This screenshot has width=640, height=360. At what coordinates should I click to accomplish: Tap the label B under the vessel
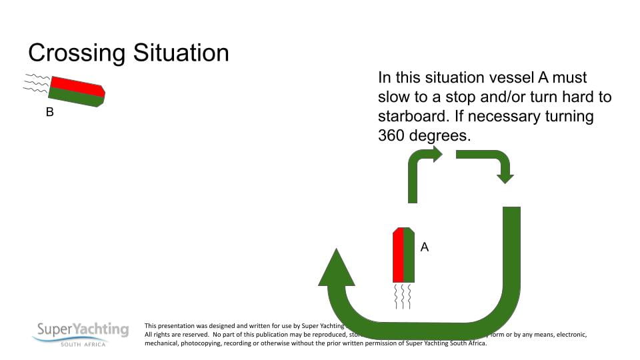(49, 113)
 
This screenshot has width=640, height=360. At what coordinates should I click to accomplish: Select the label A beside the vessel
(424, 247)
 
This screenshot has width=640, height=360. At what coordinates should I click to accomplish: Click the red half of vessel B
(75, 84)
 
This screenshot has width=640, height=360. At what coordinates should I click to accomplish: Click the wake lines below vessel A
(404, 296)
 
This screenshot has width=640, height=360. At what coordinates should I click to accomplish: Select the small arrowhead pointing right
(437, 155)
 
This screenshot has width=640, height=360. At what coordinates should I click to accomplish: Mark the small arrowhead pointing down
(505, 178)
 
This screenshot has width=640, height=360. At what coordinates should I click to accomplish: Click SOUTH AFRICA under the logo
(83, 344)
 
